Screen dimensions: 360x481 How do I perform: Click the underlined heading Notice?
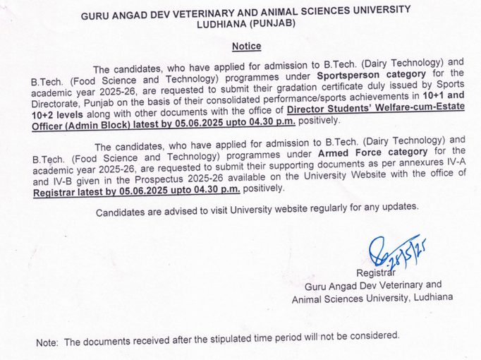click(246, 47)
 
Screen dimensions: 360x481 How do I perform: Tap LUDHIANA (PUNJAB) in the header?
click(246, 23)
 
